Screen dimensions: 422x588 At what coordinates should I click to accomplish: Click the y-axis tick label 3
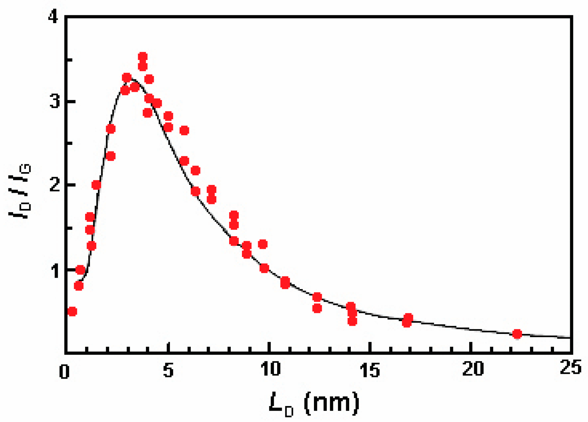(x=55, y=102)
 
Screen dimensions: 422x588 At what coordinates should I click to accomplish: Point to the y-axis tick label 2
(x=55, y=185)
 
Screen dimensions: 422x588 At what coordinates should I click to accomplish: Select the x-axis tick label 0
(x=64, y=371)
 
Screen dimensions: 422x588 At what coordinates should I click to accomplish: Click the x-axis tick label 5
(x=168, y=370)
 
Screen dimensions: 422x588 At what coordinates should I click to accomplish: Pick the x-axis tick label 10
(x=270, y=370)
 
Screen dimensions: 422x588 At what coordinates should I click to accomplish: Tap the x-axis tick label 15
(x=370, y=370)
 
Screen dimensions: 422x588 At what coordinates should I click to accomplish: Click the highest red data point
(x=142, y=57)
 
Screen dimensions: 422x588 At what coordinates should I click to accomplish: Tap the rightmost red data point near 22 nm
(x=517, y=334)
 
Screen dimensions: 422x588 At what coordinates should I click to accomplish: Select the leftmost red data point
(x=72, y=311)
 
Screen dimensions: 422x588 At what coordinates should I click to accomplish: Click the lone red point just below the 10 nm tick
(x=263, y=244)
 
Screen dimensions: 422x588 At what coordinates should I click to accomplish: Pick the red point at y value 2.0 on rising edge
(x=96, y=185)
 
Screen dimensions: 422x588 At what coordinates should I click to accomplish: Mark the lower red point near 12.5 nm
(x=317, y=309)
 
